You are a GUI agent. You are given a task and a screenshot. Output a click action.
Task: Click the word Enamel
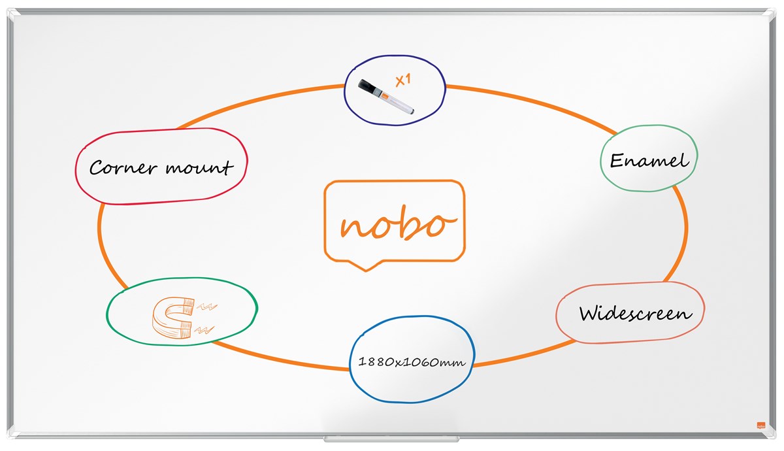[x=649, y=161]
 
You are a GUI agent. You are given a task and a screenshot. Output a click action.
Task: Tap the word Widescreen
[x=635, y=313]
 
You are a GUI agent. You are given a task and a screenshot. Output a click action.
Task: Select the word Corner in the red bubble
[x=123, y=167]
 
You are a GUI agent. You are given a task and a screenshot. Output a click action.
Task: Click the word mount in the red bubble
[x=199, y=167]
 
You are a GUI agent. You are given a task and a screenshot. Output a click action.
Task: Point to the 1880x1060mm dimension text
[x=412, y=361]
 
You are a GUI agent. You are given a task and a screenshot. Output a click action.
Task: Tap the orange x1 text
[x=403, y=80]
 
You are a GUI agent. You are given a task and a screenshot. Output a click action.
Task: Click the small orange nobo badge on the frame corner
[x=761, y=425]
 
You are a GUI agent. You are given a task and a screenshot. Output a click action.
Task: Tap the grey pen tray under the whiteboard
[x=391, y=439]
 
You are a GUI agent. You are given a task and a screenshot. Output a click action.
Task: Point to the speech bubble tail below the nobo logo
[x=366, y=265]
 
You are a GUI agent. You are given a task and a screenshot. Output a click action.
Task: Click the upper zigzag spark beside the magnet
[x=206, y=307]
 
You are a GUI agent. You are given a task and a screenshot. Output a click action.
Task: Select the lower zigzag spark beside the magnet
[x=204, y=330]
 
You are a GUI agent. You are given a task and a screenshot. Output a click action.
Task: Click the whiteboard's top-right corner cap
[x=771, y=14]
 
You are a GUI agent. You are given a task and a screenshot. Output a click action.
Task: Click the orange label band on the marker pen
[x=385, y=95]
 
